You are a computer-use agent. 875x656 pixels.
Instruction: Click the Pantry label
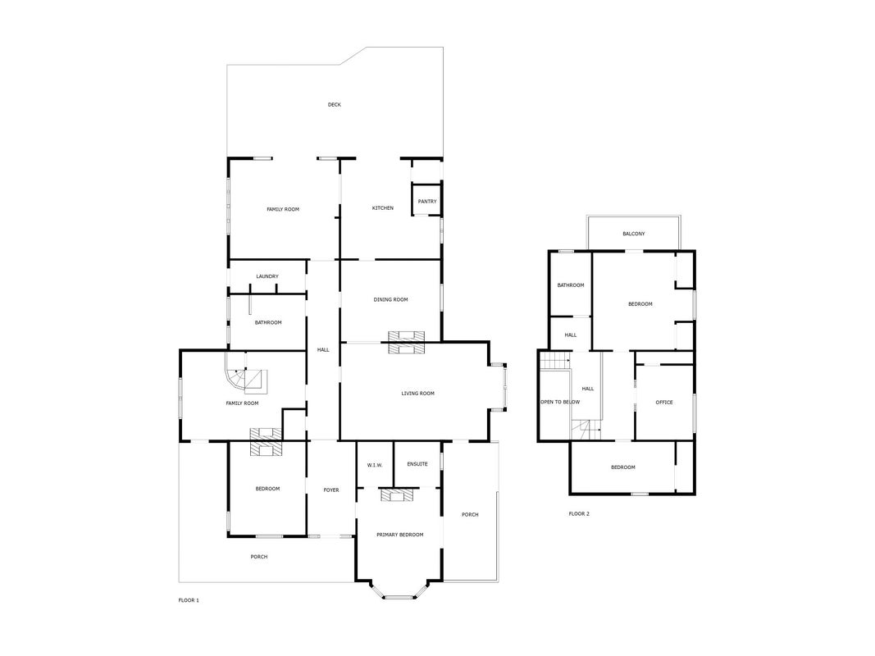click(x=427, y=202)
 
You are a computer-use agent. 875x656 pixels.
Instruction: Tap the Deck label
click(x=335, y=104)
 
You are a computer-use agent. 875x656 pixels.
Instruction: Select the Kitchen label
click(x=383, y=208)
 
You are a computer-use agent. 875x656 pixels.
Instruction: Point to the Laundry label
click(x=267, y=276)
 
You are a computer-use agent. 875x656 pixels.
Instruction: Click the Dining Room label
click(x=390, y=299)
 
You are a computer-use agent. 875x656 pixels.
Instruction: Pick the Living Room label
click(x=418, y=394)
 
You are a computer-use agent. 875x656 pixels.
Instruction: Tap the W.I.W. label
click(x=375, y=465)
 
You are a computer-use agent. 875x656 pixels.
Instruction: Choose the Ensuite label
click(x=417, y=463)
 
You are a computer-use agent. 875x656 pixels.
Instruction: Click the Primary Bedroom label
click(x=399, y=535)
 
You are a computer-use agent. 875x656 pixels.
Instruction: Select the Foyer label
click(x=331, y=490)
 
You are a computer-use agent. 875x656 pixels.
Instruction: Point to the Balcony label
click(x=634, y=234)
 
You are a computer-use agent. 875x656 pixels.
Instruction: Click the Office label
click(x=664, y=402)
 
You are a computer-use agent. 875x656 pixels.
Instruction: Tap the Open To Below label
click(x=560, y=402)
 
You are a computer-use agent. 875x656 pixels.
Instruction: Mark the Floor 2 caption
click(x=579, y=514)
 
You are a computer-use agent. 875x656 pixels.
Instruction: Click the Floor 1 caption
click(x=189, y=600)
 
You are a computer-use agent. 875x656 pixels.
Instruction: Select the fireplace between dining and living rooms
click(x=406, y=342)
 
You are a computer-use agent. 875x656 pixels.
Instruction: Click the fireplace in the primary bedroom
click(x=398, y=495)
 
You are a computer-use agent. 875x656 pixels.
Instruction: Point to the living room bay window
click(x=498, y=387)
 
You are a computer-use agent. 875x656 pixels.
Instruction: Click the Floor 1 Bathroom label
click(x=268, y=322)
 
